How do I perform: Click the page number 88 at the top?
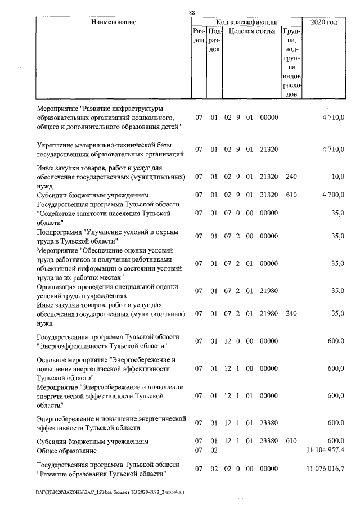coord(192,13)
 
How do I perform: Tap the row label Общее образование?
coord(66,451)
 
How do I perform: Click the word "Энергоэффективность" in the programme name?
coord(74,345)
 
